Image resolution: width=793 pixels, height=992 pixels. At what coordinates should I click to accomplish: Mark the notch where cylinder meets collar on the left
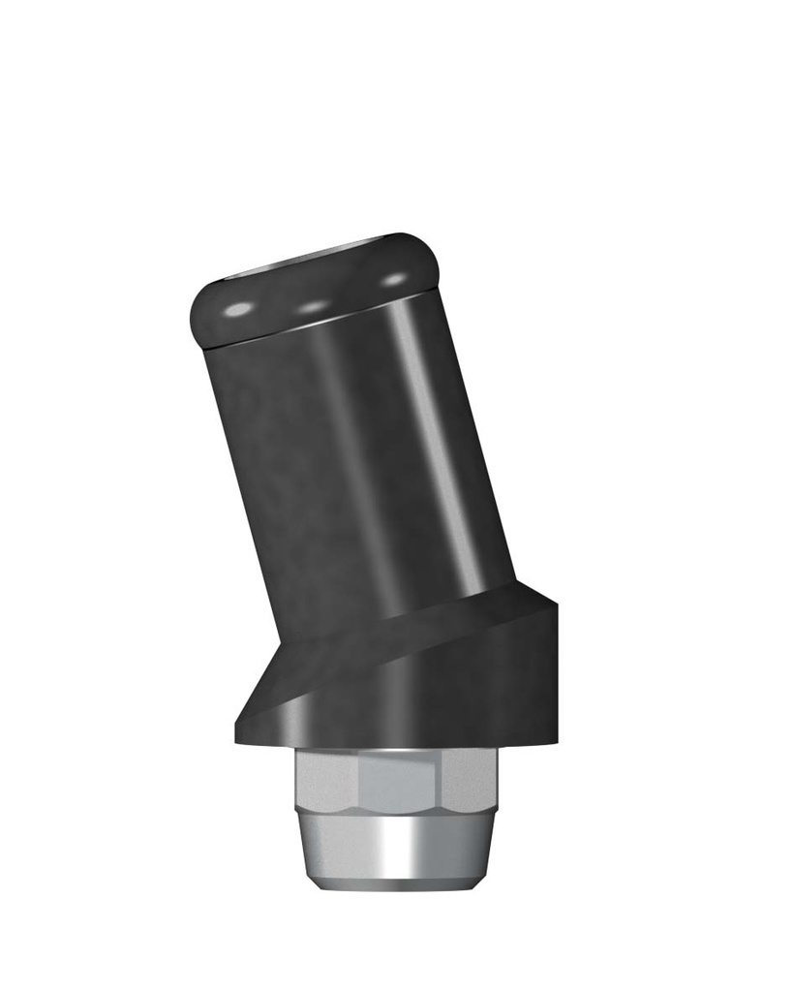click(280, 643)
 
